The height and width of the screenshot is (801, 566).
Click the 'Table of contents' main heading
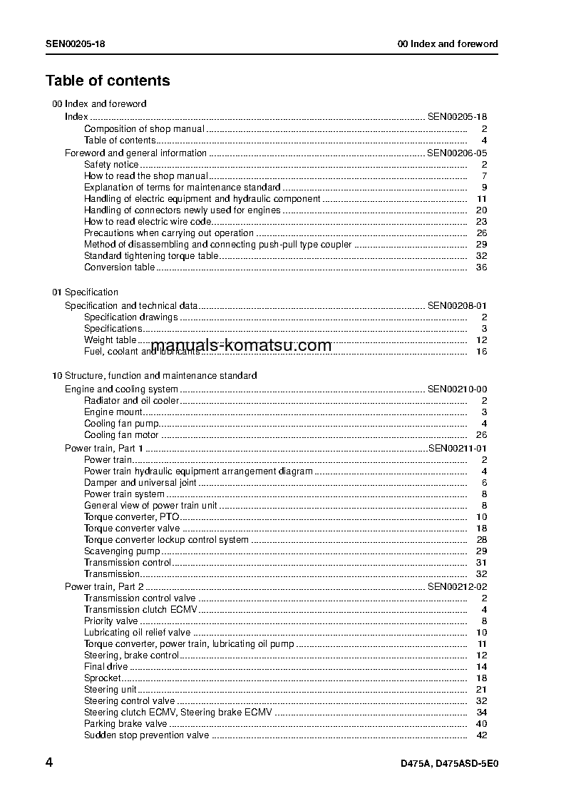click(108, 81)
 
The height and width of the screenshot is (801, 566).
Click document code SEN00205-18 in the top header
click(76, 44)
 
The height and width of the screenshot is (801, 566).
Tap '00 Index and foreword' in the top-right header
click(448, 44)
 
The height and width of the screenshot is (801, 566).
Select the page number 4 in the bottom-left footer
click(49, 762)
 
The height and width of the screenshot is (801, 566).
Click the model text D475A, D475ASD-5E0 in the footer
click(449, 764)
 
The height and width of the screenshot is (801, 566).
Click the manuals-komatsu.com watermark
click(241, 346)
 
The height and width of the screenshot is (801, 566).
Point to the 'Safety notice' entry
click(111, 165)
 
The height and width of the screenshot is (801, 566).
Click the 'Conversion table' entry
click(119, 267)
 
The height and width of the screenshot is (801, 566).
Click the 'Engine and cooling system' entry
click(121, 389)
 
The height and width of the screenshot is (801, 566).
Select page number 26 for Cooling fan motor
click(481, 435)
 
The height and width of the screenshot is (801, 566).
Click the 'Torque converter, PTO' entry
click(131, 517)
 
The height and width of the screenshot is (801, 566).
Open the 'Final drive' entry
click(106, 667)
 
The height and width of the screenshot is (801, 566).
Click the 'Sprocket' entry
click(103, 678)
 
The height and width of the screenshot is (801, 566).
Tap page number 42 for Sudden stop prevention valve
click(481, 735)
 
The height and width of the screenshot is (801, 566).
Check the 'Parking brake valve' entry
click(125, 724)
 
